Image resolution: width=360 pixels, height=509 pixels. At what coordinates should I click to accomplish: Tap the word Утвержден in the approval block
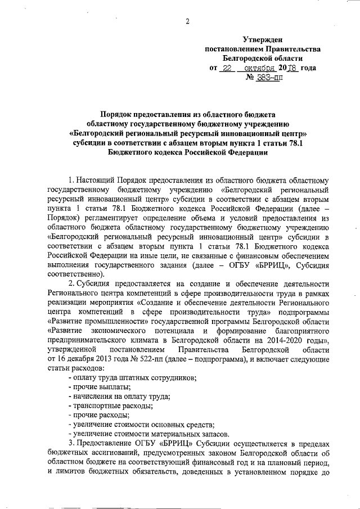pyautogui.click(x=263, y=39)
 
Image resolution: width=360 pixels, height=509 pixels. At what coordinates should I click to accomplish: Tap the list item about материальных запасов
pyautogui.click(x=149, y=434)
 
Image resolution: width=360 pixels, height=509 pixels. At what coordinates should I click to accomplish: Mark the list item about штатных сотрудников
pyautogui.click(x=133, y=377)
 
